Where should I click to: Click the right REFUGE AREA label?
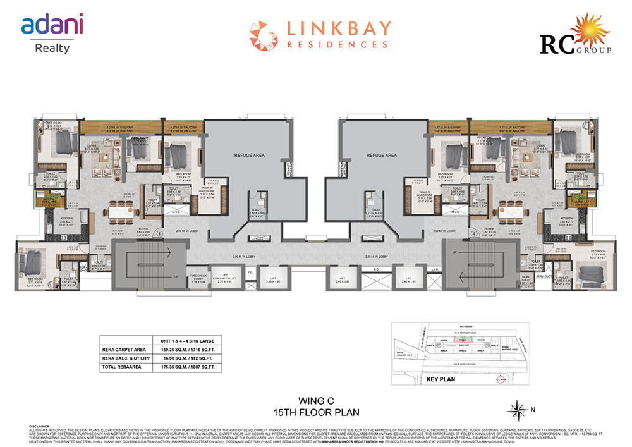(x=382, y=154)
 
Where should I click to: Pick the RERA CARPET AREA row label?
(x=125, y=348)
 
